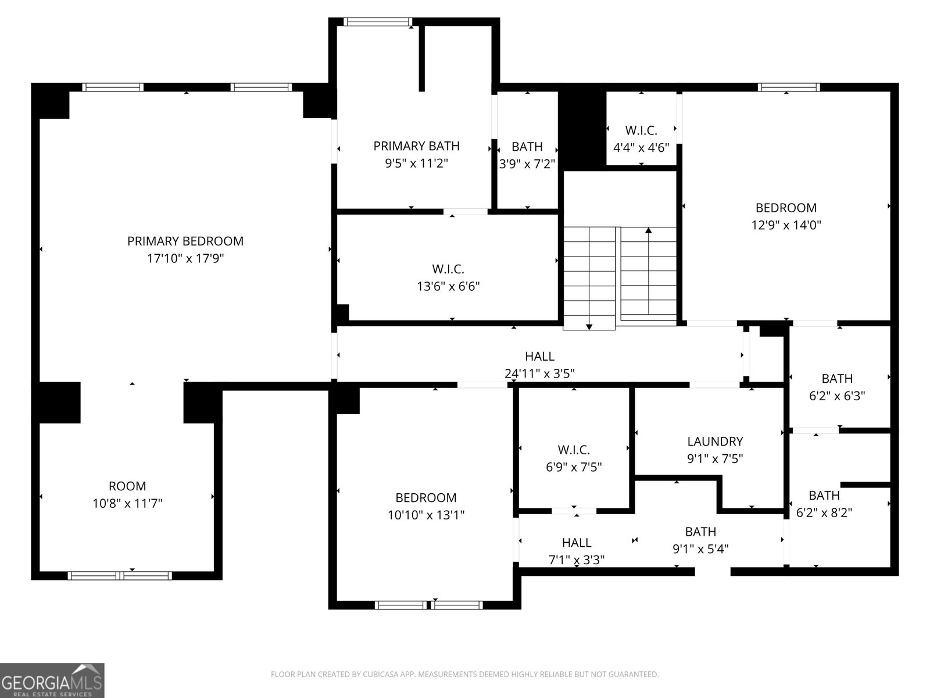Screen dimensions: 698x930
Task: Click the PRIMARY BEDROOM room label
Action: point(185,241)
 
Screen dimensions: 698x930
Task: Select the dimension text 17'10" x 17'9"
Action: point(185,258)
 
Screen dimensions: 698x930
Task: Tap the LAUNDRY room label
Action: point(715,441)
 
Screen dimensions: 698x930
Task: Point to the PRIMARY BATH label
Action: point(416,146)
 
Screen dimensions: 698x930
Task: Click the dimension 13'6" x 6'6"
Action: point(448,286)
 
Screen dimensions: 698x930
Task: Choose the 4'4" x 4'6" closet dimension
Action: point(641,148)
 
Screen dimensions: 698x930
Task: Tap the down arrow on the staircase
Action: point(589,326)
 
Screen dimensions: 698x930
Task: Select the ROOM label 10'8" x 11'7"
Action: point(127,486)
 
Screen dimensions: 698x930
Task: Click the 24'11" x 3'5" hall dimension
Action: point(539,373)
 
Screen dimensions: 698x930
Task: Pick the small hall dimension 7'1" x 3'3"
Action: point(577,560)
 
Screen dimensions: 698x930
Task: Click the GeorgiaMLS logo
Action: point(52,681)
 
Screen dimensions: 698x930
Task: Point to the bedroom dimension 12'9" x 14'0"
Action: point(786,225)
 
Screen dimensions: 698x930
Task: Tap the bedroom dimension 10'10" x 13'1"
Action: point(425,515)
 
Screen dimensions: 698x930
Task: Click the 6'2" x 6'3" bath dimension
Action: point(837,396)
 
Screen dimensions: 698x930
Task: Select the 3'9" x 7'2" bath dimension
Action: point(527,164)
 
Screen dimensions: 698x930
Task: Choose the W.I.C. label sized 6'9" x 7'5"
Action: point(574,450)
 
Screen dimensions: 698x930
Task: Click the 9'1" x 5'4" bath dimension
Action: point(700,549)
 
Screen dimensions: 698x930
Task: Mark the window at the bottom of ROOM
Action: point(120,575)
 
